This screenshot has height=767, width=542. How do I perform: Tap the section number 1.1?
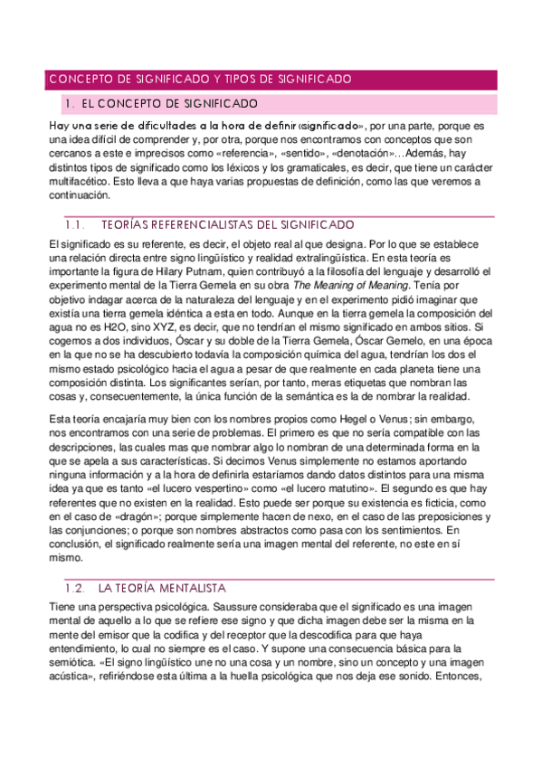[x=76, y=224]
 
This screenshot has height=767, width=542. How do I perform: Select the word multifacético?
[x=82, y=180]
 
